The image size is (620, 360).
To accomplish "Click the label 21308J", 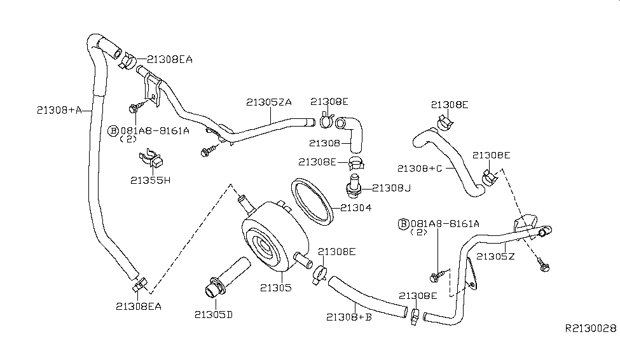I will tap(393, 188).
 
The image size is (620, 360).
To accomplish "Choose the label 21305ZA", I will tap(269, 101).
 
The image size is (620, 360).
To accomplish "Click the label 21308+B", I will tap(348, 316).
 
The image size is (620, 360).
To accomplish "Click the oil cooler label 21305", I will tap(275, 287).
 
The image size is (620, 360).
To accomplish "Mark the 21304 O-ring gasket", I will tap(312, 202).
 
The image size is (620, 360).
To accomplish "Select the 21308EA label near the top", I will tap(169, 59).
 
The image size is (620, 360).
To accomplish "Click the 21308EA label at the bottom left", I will tap(139, 306).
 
